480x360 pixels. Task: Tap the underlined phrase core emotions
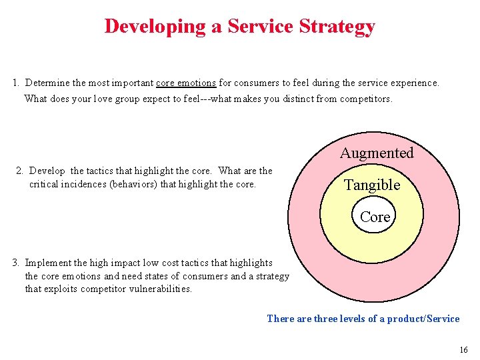click(x=185, y=83)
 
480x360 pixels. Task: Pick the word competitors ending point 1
click(x=366, y=99)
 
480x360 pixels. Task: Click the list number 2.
click(x=19, y=171)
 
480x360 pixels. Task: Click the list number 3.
click(x=15, y=263)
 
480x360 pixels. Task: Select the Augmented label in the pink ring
click(x=377, y=153)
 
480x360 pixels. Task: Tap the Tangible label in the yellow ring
click(x=372, y=185)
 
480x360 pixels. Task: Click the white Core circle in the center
click(x=375, y=217)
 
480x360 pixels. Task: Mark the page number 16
click(x=463, y=350)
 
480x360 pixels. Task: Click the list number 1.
click(x=15, y=83)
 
